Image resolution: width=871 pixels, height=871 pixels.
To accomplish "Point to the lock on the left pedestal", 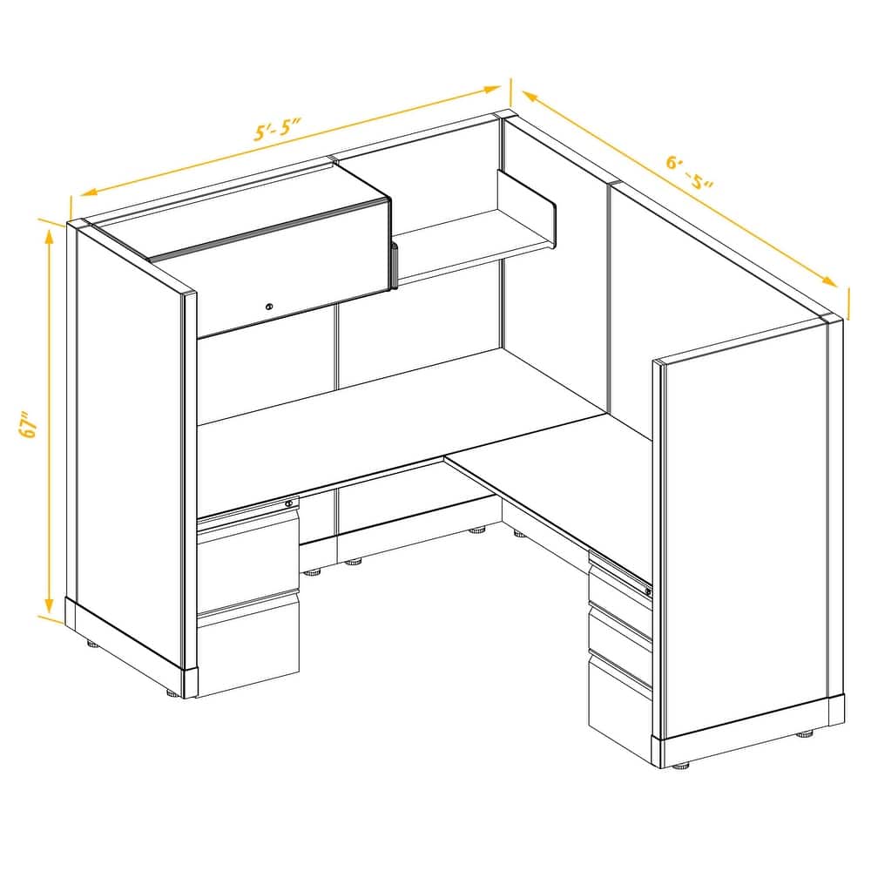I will click(x=289, y=503).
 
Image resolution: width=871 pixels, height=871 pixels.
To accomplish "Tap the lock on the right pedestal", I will click(x=647, y=591).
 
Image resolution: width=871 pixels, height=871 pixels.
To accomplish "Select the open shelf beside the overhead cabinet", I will click(x=462, y=240).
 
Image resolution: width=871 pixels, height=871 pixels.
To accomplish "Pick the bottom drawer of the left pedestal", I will click(x=247, y=649).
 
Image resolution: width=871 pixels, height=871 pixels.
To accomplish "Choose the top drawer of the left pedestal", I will click(x=247, y=557).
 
